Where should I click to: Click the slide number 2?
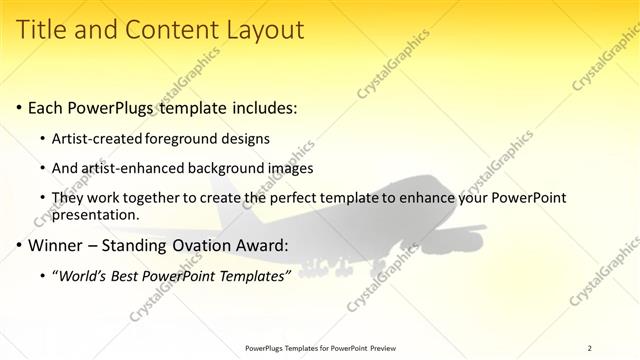coord(589,348)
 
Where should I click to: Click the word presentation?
coord(98,214)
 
